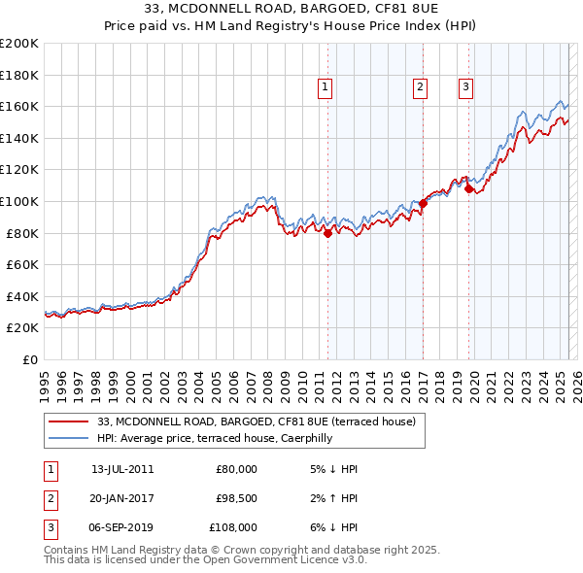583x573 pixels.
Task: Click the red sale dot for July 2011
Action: [x=327, y=233]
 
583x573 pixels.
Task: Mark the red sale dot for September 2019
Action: [x=468, y=188]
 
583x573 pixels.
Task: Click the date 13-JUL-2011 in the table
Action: [x=122, y=469]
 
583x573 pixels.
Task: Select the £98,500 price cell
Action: [x=236, y=498]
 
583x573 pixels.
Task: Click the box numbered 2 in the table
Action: [x=51, y=498]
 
